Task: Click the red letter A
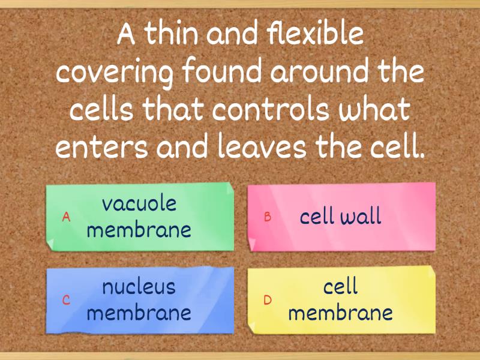(67, 217)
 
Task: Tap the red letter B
(268, 217)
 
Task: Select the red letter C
(67, 301)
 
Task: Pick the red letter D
(268, 301)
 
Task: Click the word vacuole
(139, 203)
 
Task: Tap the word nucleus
(139, 287)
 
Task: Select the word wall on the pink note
(361, 217)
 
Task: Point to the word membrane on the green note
(139, 230)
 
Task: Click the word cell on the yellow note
(341, 287)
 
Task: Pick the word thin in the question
(171, 35)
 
